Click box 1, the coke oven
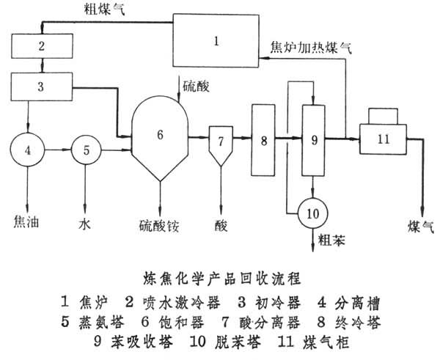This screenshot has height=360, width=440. [216, 42]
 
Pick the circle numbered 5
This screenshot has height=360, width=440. [86, 152]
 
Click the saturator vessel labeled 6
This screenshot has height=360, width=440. [161, 136]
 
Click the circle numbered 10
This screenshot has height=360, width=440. [313, 213]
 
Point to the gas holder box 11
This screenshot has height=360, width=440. [384, 136]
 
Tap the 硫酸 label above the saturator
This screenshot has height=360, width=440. [197, 87]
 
